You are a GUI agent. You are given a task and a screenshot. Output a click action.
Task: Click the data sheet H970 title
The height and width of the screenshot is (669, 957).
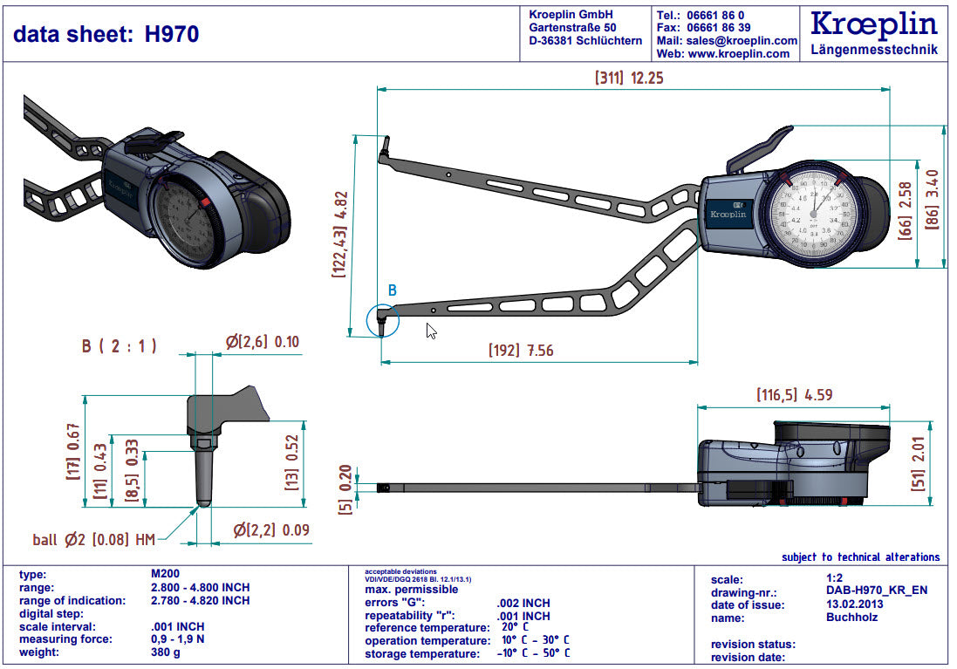coord(106,34)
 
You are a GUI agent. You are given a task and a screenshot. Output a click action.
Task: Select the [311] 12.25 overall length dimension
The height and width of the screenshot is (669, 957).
coord(629,78)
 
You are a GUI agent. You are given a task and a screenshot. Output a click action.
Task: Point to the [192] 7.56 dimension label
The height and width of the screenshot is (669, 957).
coord(521,351)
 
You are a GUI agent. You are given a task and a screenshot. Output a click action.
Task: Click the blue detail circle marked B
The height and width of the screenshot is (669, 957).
coord(382,319)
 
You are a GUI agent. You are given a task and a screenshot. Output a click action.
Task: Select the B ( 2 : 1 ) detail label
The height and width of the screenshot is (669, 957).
coord(120,345)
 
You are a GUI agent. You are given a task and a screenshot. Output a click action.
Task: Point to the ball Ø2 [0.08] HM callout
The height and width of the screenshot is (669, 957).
coord(93,539)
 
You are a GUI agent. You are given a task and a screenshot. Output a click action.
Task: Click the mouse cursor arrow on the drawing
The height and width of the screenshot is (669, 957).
coord(430,330)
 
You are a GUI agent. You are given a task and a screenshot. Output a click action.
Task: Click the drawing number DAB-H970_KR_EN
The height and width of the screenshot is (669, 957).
coord(876,590)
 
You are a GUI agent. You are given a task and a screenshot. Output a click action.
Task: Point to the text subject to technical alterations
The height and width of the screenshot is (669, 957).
coord(860,556)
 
